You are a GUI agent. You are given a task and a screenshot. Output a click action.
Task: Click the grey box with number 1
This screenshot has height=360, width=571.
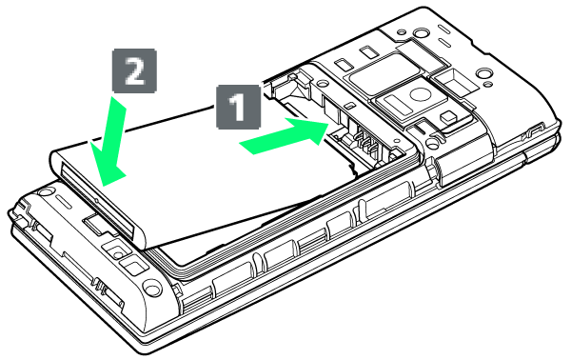(x=239, y=107)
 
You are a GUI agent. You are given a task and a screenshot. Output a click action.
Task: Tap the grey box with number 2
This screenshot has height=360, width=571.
(x=135, y=70)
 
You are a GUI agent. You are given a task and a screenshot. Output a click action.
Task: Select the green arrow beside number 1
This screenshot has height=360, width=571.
(x=284, y=136)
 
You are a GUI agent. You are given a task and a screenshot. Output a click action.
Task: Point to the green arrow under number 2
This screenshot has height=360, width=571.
(x=109, y=142)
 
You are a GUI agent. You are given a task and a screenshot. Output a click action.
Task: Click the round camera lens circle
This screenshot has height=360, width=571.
(x=420, y=94)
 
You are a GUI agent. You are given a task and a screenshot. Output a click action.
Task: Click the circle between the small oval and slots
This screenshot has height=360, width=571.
(x=421, y=34)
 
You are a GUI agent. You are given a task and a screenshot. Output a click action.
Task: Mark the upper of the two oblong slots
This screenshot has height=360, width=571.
(x=444, y=29)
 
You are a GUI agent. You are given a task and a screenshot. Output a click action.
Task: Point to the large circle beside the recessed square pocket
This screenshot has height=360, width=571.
(x=483, y=74)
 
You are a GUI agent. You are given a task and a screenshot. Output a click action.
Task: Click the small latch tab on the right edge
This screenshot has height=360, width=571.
(x=536, y=130)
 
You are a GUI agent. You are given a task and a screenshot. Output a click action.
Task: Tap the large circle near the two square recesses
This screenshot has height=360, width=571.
(x=152, y=287)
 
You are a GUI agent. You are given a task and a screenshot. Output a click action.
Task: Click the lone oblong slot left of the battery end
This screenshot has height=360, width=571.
(x=66, y=201)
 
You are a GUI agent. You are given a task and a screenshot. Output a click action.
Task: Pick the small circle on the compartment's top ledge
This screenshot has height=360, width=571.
(x=323, y=84)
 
